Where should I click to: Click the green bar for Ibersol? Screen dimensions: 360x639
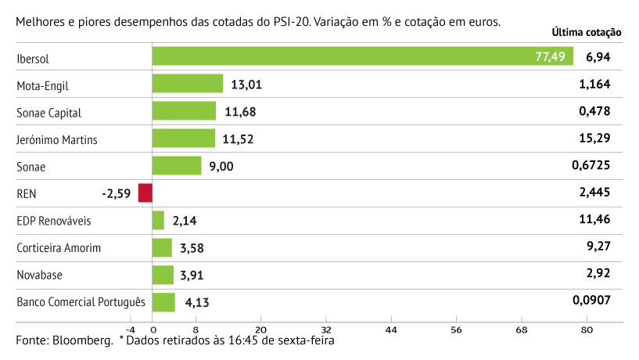363,56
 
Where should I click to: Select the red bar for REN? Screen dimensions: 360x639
145,193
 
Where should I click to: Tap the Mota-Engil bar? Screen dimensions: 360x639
188,84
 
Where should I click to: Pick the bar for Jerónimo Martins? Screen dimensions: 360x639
184,139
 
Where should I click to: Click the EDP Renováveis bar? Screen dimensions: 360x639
158,221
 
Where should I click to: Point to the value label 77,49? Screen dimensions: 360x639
551,57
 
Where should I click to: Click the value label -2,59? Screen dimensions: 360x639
117,193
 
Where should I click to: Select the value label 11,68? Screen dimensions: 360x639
239,112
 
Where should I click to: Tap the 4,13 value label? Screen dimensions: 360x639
197,303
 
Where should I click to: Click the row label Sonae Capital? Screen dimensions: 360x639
48,112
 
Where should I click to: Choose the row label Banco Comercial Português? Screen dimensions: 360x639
81,302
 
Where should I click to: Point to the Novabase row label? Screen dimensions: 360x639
40,275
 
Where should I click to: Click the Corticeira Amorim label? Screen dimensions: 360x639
59,248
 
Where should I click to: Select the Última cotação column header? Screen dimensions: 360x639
587,33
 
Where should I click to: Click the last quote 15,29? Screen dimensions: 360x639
594,139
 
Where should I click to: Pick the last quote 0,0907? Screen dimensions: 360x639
590,301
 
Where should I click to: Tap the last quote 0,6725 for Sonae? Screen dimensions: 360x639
590,166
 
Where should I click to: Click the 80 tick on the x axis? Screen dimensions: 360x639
587,329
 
